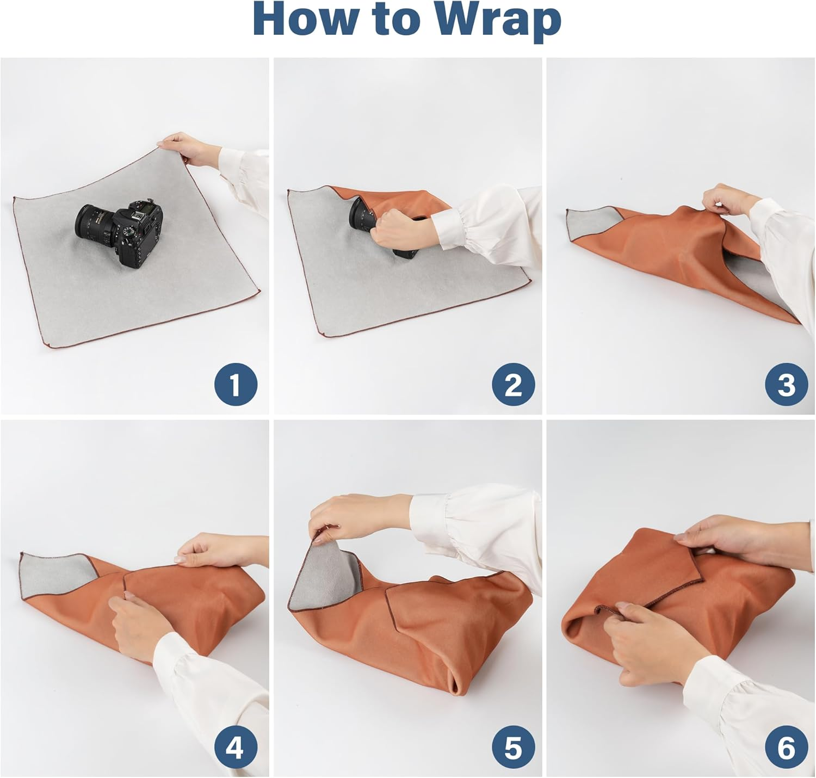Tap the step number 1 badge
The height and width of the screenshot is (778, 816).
(236, 385)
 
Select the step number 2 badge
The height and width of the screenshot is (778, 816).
(513, 385)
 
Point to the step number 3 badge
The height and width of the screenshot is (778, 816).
(786, 385)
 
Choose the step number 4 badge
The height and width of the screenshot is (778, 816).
(236, 747)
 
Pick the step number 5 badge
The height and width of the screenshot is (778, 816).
(513, 747)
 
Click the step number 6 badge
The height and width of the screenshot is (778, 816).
(786, 747)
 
